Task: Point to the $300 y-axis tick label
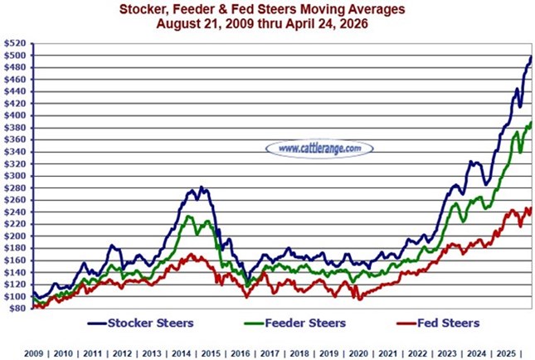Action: pyautogui.click(x=14, y=176)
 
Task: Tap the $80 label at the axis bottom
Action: pyautogui.click(x=16, y=308)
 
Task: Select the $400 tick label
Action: pyautogui.click(x=14, y=115)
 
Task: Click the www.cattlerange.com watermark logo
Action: pyautogui.click(x=319, y=148)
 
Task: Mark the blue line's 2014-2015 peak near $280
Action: pyautogui.click(x=200, y=188)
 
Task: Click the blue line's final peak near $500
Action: pyautogui.click(x=530, y=56)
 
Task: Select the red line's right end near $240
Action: pyautogui.click(x=530, y=209)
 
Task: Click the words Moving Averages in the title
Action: pyautogui.click(x=363, y=9)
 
